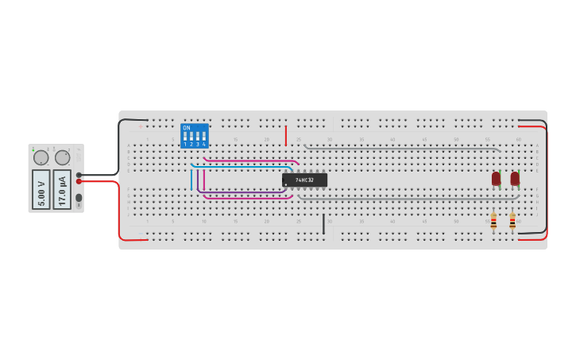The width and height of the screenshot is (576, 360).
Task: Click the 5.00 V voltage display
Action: [41, 189]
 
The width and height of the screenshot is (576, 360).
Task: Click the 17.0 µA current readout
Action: [62, 189]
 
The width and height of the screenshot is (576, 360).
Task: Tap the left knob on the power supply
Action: [41, 157]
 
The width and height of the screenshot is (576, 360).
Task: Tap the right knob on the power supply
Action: [62, 157]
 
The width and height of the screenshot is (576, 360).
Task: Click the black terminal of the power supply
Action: [79, 175]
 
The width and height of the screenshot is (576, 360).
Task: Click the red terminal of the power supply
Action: [79, 181]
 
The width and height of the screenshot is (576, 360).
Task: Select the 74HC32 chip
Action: [304, 180]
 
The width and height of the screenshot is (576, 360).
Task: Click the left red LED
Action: [496, 179]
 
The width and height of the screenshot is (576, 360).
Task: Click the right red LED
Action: [515, 179]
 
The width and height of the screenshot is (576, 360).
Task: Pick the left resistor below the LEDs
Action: [493, 222]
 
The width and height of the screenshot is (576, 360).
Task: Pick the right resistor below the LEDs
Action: [512, 222]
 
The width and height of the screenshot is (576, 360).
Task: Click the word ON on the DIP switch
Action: [187, 128]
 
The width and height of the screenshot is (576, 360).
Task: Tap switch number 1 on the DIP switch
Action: [185, 137]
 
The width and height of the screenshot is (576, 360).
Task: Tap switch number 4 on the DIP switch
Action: [204, 137]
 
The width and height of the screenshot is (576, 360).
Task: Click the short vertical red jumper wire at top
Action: [286, 136]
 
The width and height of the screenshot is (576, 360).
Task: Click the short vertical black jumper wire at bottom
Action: [323, 224]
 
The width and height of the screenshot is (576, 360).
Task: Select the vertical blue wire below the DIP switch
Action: [191, 180]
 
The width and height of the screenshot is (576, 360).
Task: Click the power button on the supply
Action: [79, 198]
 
